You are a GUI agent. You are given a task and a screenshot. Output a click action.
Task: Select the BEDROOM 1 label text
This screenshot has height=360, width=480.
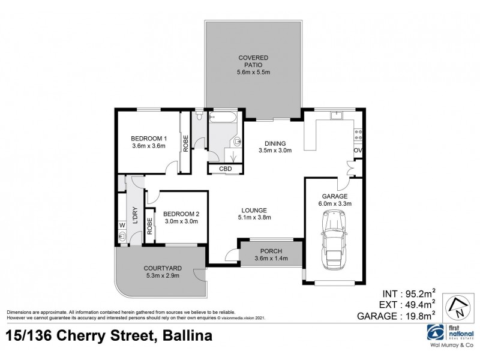tap(148, 139)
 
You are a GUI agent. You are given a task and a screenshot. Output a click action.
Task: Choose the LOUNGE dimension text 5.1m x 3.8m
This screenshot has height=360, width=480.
tap(254, 218)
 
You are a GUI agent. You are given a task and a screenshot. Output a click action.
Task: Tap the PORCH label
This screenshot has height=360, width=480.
tap(271, 251)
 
